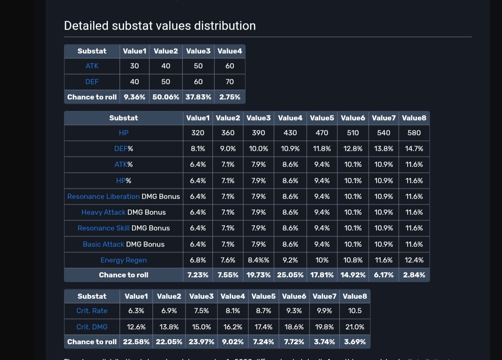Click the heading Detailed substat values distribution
[159, 26]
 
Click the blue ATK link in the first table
[92, 66]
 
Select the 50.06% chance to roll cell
[165, 97]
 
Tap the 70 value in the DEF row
[230, 82]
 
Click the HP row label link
[124, 133]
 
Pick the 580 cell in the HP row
[414, 133]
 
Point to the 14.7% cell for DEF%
[414, 149]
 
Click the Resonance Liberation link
[103, 196]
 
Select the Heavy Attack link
[103, 212]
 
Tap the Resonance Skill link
[103, 228]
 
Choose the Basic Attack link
[103, 244]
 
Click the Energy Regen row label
[124, 260]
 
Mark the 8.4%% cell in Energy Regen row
[258, 260]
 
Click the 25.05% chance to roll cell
[290, 275]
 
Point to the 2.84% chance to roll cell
[414, 275]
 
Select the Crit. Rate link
[92, 311]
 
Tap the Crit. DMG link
[92, 327]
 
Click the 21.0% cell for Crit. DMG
[355, 327]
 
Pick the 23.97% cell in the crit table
[201, 342]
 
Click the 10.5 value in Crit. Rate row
[355, 311]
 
